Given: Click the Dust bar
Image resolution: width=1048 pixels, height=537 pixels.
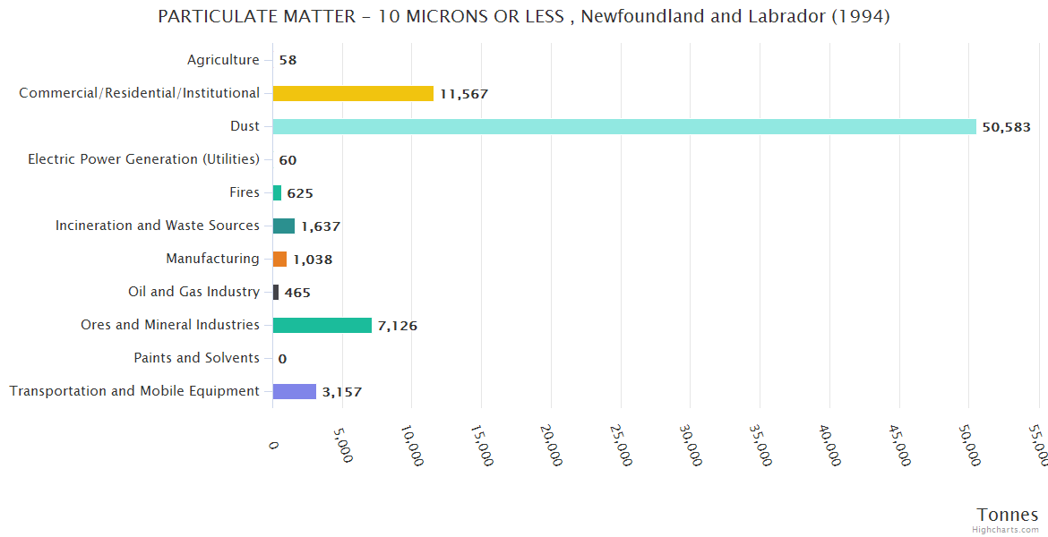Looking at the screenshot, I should [624, 126].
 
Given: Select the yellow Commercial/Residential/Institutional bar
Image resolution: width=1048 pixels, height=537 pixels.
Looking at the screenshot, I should [353, 93].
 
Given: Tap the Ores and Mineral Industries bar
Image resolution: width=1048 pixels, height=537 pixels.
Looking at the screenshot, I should [322, 325].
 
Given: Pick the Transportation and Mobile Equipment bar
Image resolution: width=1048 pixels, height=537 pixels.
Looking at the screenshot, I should [295, 391].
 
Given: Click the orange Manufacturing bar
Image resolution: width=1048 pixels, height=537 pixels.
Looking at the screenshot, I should [280, 259].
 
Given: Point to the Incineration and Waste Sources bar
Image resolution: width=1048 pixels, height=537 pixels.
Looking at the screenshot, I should [284, 226].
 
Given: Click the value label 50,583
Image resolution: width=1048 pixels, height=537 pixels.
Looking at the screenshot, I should [1006, 127].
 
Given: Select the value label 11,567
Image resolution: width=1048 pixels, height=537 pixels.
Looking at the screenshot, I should [463, 94].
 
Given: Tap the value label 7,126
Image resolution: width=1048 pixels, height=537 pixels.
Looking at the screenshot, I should [398, 326].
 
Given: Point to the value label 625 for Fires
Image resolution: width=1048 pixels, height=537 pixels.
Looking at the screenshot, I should [300, 193].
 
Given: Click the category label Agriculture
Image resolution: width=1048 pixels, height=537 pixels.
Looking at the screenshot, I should [223, 60].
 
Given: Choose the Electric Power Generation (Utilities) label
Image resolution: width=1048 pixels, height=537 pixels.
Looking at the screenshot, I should [143, 159].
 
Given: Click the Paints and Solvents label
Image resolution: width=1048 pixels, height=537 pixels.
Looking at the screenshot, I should [196, 358].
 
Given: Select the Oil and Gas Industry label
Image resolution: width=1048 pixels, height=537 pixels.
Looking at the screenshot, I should [193, 292].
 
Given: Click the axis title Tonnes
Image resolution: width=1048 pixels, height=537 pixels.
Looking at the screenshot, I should [1007, 515].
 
